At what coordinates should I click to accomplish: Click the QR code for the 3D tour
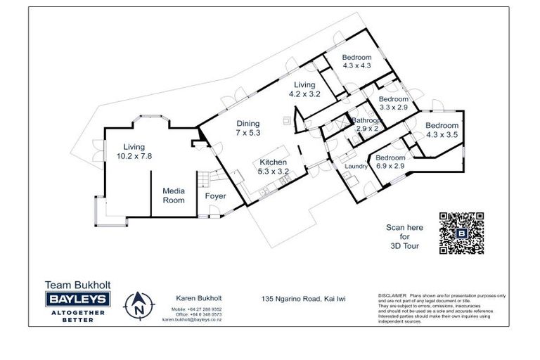pos(461,233)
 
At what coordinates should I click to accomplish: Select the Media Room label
pos(174,195)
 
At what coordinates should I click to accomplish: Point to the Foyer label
pos(215,196)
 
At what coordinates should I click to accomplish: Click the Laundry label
pos(356,167)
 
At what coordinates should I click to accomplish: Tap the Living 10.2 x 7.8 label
pos(134,151)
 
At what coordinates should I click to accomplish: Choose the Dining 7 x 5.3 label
pos(248,127)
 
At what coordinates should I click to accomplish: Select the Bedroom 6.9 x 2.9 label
pos(390,162)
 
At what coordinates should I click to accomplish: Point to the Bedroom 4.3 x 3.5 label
pos(442,130)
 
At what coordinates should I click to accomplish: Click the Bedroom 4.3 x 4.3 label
pos(357,61)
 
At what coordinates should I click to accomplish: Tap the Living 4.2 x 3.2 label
pos(304,89)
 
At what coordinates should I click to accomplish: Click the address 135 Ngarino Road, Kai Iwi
pos(304,299)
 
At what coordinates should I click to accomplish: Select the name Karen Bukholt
pos(192,298)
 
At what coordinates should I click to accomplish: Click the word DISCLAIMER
pos(394,296)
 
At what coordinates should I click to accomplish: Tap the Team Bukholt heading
pos(77,285)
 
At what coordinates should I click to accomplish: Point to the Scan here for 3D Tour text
pos(404,237)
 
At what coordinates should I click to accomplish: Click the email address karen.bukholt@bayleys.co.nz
pos(192,319)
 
